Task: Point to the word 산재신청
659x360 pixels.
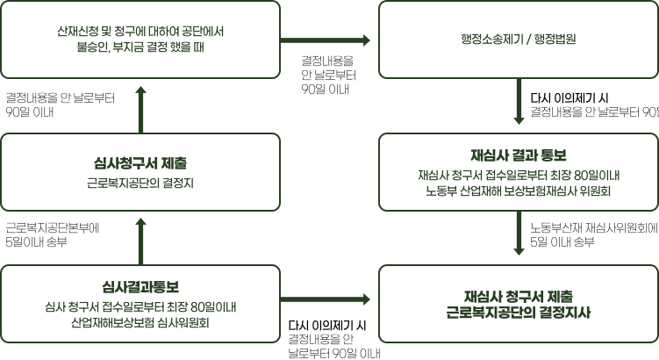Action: click(73, 32)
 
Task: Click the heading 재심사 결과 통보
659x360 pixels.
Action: click(519, 155)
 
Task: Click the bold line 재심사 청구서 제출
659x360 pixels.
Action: click(519, 294)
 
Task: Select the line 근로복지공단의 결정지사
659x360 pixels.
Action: click(519, 311)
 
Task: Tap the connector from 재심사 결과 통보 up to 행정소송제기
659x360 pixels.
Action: click(519, 105)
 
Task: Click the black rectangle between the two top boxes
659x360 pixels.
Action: click(327, 75)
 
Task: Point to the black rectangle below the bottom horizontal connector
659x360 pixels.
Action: click(333, 338)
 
